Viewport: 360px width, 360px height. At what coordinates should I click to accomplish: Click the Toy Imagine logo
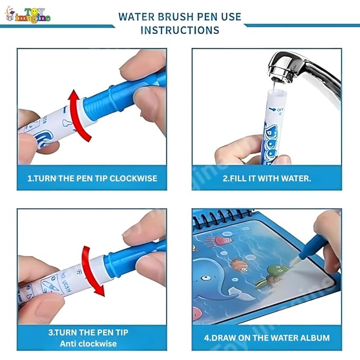29,15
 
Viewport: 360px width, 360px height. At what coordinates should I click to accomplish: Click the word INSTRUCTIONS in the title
180,30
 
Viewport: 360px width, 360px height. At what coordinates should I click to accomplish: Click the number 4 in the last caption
207,338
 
